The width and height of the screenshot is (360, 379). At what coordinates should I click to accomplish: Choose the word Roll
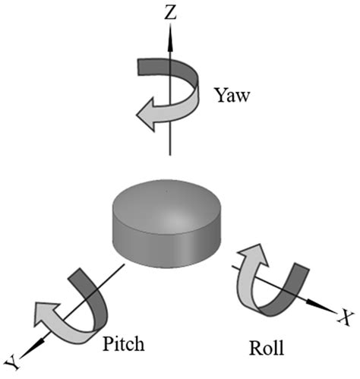pos(266,349)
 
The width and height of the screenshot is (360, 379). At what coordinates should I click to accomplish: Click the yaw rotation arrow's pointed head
pos(144,115)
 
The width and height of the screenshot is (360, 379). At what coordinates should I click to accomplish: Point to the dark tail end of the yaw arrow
pos(145,65)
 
